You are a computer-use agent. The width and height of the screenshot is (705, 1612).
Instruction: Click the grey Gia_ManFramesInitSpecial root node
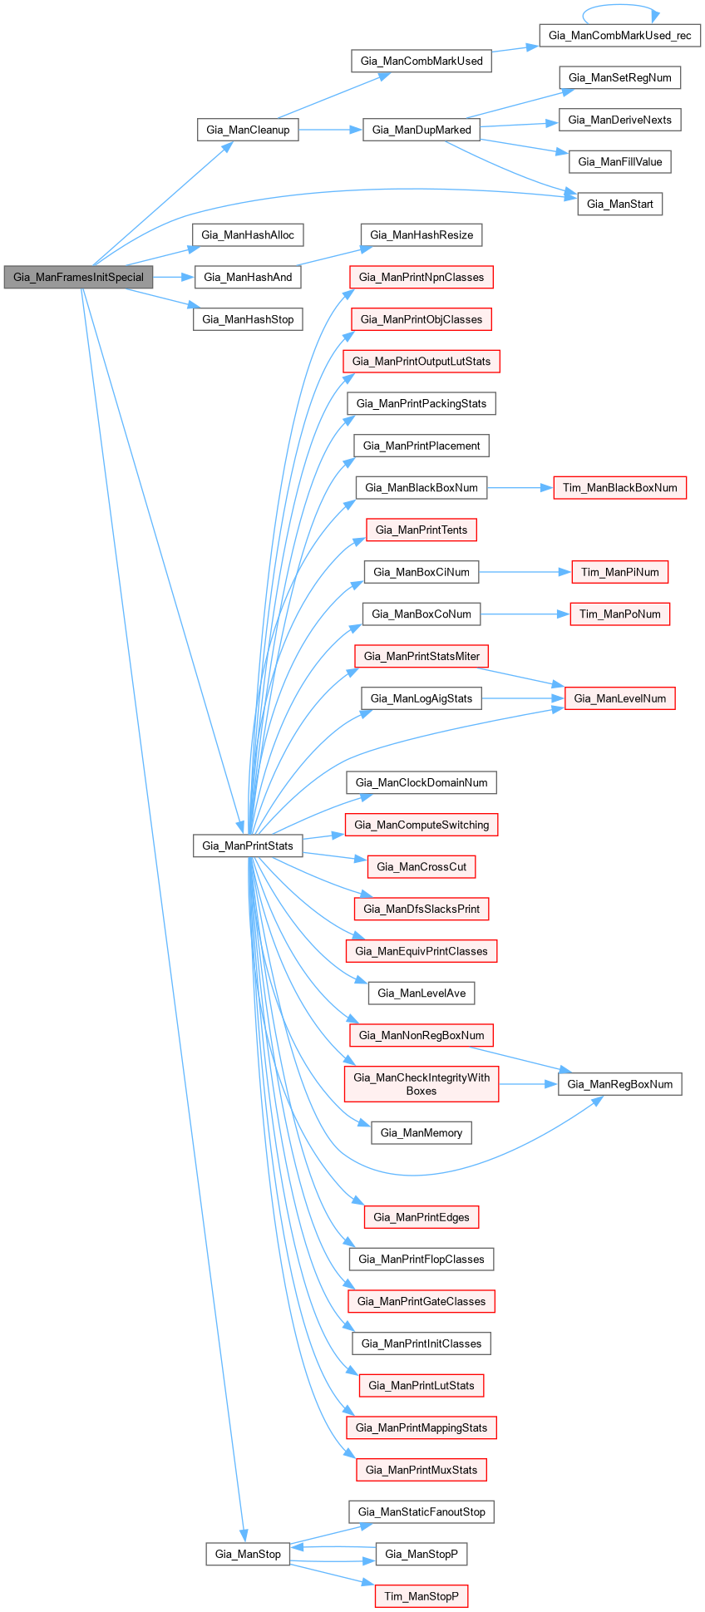click(78, 278)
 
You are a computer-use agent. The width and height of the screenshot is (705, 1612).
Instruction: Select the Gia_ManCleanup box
click(248, 130)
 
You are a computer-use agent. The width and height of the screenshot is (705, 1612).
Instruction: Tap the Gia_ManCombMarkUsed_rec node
click(619, 36)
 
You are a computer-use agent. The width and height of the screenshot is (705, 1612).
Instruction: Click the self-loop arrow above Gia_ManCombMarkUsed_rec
click(620, 7)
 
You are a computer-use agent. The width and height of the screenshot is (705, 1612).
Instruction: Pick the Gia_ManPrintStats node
click(248, 846)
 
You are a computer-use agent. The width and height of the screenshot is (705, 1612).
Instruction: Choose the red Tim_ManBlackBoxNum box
click(619, 488)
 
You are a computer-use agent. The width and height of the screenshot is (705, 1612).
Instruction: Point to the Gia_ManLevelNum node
click(619, 698)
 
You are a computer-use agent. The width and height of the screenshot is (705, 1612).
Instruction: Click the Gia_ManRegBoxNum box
click(619, 1084)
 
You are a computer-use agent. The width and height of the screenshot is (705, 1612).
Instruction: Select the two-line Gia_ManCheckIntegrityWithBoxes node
click(422, 1084)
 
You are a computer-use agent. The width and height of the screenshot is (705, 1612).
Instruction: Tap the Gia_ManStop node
click(248, 1554)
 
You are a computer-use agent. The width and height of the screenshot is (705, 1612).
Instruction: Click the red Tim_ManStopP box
click(421, 1596)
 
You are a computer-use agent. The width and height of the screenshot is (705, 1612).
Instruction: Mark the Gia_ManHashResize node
click(421, 235)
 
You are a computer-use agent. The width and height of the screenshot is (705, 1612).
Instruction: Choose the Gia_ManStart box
click(619, 204)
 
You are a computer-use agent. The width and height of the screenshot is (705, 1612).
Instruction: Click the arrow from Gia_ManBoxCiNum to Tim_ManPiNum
click(525, 572)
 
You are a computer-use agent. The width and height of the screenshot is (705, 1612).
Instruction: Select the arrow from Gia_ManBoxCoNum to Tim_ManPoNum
click(525, 614)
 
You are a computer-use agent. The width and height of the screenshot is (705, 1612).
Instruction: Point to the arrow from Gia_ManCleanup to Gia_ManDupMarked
click(330, 130)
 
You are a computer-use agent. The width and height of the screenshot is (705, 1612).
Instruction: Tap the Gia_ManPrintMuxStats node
click(421, 1470)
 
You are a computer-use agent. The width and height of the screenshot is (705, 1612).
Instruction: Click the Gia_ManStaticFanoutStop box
click(421, 1512)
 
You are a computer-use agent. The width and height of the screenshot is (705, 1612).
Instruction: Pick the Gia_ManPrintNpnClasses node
click(421, 278)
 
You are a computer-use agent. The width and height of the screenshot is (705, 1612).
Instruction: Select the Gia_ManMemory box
click(421, 1132)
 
